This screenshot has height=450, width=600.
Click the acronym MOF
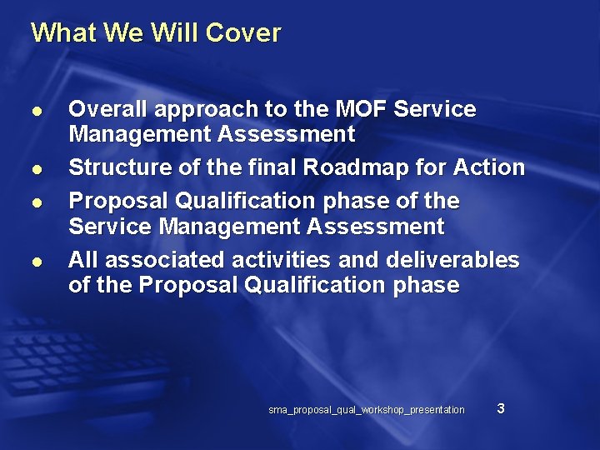pyautogui.click(x=361, y=109)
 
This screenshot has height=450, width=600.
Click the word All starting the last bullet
pyautogui.click(x=82, y=260)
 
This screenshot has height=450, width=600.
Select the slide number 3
pyautogui.click(x=500, y=408)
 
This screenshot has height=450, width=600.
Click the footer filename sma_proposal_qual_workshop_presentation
pyautogui.click(x=367, y=410)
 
